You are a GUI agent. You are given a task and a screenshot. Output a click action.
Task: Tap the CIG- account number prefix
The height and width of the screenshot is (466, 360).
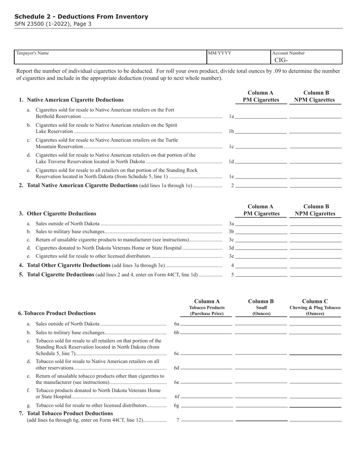[x=281, y=60]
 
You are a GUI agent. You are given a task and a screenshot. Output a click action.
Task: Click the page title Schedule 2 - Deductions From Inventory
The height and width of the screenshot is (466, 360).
[x=81, y=17]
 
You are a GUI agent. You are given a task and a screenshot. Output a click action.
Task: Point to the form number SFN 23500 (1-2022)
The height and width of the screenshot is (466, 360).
[x=53, y=24]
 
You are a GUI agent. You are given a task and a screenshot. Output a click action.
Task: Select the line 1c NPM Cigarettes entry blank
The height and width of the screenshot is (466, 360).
[x=315, y=146]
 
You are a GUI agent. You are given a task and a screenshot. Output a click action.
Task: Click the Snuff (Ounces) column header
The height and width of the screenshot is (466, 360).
[x=261, y=307]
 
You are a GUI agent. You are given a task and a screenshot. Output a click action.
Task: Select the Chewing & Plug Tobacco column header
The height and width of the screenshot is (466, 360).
[x=315, y=307]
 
